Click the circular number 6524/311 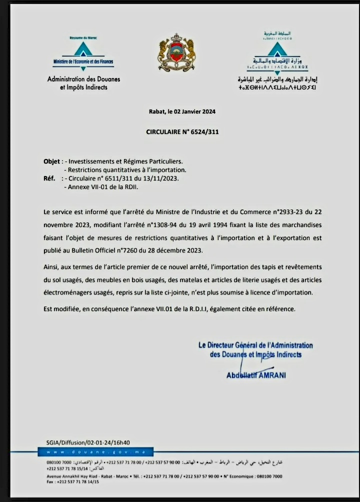pyautogui.click(x=199, y=132)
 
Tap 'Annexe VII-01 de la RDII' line pyautogui.click(x=102, y=187)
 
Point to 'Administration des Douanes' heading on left pyautogui.click(x=83, y=79)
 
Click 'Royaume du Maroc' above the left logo pyautogui.click(x=83, y=37)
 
